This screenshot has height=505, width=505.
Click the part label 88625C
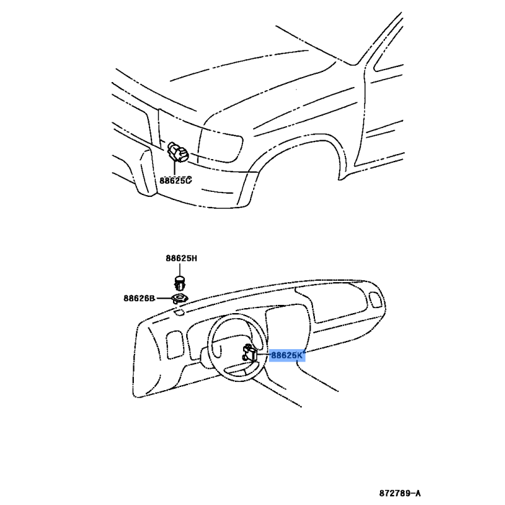tap(175, 181)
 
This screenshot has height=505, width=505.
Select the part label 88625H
tap(181, 258)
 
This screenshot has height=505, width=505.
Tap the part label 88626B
tap(139, 298)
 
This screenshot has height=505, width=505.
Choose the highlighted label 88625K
tap(287, 355)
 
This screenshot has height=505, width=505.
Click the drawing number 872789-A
tap(400, 493)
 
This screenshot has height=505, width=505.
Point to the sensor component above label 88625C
tap(177, 151)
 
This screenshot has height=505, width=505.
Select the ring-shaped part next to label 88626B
tap(180, 298)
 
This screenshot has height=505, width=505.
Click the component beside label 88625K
tap(249, 352)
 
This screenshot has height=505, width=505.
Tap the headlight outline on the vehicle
tap(220, 145)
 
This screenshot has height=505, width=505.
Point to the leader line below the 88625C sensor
tap(175, 168)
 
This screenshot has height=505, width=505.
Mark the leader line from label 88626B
tap(163, 299)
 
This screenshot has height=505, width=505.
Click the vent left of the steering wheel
tap(175, 345)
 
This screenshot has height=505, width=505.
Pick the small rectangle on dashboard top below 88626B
tap(179, 311)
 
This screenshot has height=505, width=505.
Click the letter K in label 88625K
tap(299, 355)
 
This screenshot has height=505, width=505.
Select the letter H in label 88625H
tap(194, 258)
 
